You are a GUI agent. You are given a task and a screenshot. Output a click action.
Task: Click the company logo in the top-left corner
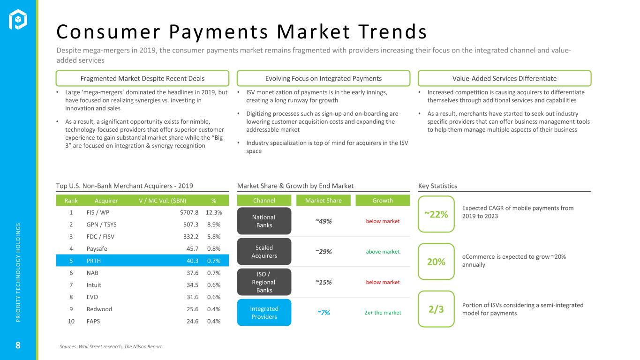[x=18, y=19]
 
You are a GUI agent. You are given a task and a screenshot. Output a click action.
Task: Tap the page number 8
[x=18, y=345]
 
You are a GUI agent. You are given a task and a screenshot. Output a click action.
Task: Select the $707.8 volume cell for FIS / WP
[x=189, y=212]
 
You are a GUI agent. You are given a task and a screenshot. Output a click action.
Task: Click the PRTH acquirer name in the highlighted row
[x=94, y=261]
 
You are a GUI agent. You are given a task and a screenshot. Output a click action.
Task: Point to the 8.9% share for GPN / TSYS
[x=214, y=225]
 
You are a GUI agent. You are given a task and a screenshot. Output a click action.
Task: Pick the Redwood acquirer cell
[x=99, y=309]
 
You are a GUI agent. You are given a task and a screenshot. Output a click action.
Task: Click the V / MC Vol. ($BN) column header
[x=162, y=201]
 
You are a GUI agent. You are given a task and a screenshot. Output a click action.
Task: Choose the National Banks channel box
[x=264, y=221]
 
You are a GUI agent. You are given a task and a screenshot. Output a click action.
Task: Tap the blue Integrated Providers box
[x=264, y=313]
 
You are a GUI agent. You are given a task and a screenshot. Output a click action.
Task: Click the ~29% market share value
[x=324, y=252]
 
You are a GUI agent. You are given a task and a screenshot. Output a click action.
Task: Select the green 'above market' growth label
[x=383, y=252]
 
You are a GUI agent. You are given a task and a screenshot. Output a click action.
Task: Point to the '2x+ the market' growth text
[x=383, y=313]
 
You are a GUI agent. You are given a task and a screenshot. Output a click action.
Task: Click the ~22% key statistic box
[x=436, y=214]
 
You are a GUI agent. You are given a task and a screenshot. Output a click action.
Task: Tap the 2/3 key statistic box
[x=436, y=309]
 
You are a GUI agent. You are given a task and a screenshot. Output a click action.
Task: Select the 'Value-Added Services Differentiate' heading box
[x=504, y=78]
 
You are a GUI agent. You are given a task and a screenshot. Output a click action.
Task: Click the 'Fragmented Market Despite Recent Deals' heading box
[x=142, y=78]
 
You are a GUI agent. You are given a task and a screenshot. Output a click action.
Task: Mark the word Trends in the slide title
[x=392, y=31]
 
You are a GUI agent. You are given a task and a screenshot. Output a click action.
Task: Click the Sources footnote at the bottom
[x=111, y=346]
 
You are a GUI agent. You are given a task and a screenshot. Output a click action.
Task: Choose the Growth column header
[x=383, y=201]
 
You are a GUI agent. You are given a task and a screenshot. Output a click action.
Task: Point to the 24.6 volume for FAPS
[x=192, y=322]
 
